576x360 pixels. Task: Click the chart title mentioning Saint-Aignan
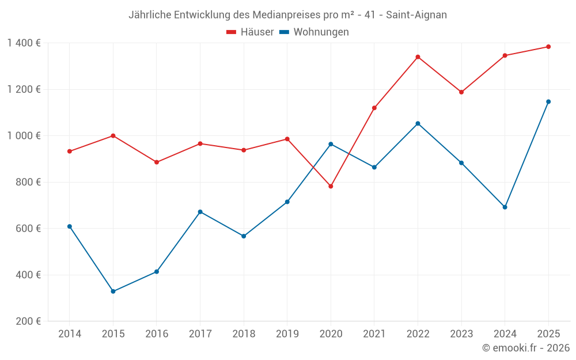[287, 15]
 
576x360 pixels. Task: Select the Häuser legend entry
[250, 32]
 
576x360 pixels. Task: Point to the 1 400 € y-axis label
[24, 43]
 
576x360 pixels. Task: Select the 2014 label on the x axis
[70, 334]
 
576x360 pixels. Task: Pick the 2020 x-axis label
[331, 334]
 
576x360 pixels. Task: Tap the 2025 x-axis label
[548, 334]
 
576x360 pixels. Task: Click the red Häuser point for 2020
[331, 187]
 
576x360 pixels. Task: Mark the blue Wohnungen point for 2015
[113, 291]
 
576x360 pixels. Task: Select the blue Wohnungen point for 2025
[548, 102]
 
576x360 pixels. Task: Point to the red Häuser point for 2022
[418, 57]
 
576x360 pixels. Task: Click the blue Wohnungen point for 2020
[331, 144]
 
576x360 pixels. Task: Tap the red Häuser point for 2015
[113, 136]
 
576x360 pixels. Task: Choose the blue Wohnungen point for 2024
[505, 207]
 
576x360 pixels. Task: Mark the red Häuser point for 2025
[548, 47]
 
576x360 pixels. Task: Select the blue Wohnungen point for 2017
[200, 212]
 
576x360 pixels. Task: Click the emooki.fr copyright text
[525, 348]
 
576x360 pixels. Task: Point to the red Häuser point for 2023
[461, 92]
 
